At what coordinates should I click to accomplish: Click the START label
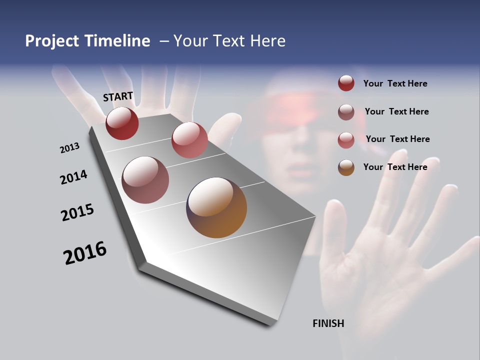click(118, 96)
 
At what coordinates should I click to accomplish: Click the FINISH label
click(328, 323)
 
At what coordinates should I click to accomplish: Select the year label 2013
click(69, 148)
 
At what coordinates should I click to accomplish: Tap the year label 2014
click(73, 177)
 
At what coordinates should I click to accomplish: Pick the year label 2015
click(77, 212)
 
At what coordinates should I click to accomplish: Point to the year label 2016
click(85, 253)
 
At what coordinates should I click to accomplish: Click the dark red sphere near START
click(122, 123)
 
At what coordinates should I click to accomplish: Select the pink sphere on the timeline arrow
click(189, 139)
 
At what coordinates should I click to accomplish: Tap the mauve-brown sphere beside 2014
click(145, 180)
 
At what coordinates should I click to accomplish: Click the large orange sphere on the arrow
click(216, 207)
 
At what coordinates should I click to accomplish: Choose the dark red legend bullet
click(346, 83)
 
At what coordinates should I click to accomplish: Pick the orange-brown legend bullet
click(346, 167)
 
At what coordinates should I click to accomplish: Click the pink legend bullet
click(346, 139)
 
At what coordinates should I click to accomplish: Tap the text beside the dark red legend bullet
click(395, 83)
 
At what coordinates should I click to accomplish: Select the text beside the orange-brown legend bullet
click(395, 167)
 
